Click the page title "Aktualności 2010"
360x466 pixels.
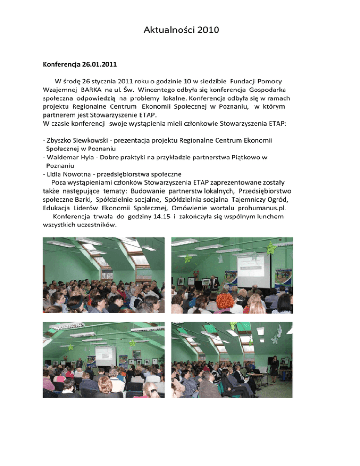point(180,31)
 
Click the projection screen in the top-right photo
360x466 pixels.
point(254,271)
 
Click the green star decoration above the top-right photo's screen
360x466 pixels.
point(270,248)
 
